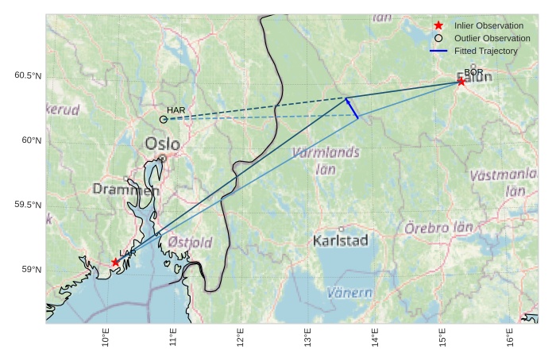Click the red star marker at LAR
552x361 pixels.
tap(116, 262)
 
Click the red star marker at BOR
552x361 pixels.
tap(461, 82)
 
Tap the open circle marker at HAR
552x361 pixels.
tap(164, 119)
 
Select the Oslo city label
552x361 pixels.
tap(163, 144)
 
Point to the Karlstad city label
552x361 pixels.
tap(341, 240)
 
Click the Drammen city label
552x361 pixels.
tap(125, 190)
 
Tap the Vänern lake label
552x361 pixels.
tap(349, 293)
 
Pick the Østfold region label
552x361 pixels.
tap(190, 242)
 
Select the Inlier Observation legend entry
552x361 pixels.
tap(488, 25)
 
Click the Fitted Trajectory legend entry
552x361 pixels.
tap(485, 51)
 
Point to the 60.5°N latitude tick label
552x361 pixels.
tap(28, 76)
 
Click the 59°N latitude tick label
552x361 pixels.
tap(30, 270)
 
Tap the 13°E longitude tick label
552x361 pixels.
tap(308, 337)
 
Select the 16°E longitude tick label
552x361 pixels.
tap(510, 337)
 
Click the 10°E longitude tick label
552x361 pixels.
tap(106, 337)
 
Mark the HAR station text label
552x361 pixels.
tap(176, 109)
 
